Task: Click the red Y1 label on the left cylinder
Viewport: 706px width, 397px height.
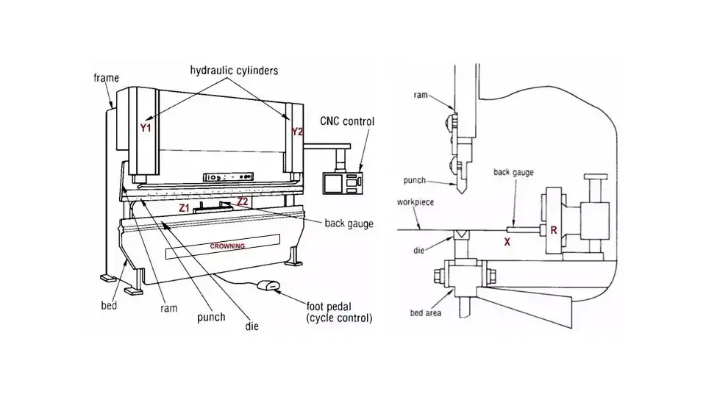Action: pyautogui.click(x=146, y=128)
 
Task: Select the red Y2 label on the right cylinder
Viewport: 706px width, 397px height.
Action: pyautogui.click(x=297, y=132)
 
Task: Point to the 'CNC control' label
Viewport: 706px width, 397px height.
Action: pyautogui.click(x=347, y=121)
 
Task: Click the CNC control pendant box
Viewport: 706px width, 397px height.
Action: pyautogui.click(x=343, y=180)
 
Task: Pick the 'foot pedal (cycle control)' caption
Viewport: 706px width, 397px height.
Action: pyautogui.click(x=339, y=312)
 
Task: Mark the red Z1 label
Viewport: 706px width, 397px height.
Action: pyautogui.click(x=185, y=209)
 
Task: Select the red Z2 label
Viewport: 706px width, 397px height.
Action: pyautogui.click(x=243, y=201)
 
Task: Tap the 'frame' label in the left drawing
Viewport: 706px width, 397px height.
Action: pyautogui.click(x=106, y=77)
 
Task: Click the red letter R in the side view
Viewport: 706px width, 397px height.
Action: pyautogui.click(x=554, y=231)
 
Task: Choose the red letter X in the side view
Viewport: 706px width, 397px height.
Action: pyautogui.click(x=507, y=240)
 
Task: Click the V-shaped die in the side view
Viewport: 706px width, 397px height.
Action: pyautogui.click(x=463, y=233)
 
